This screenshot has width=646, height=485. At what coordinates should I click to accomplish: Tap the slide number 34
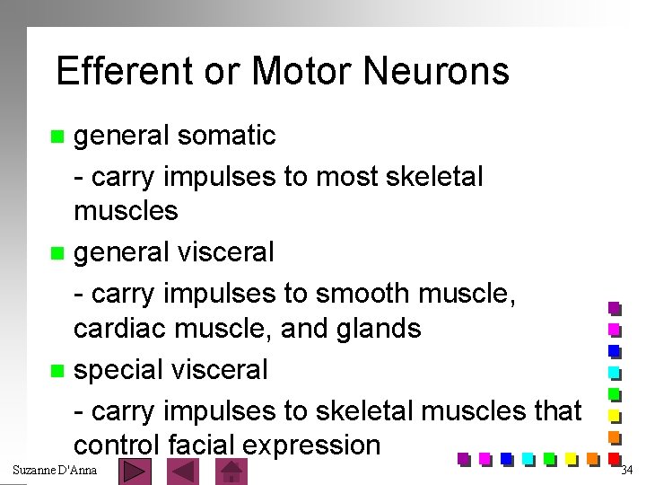[628, 471]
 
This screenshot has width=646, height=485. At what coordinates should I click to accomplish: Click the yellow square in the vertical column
[615, 416]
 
